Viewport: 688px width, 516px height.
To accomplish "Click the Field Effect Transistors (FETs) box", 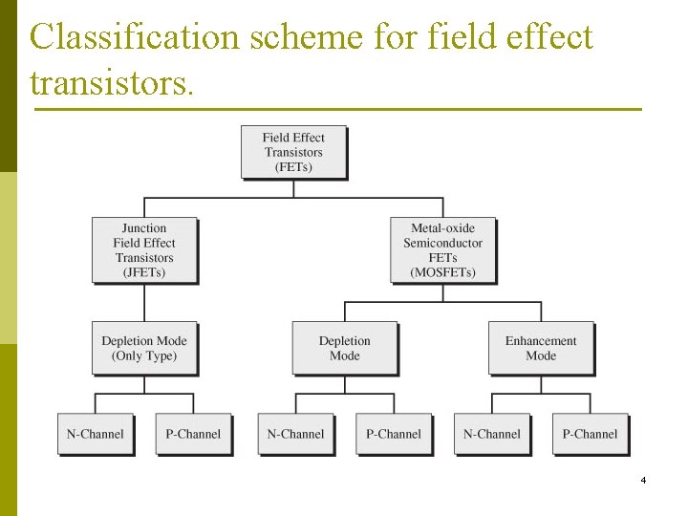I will point(293,152).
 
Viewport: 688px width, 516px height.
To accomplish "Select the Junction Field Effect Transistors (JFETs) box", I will point(144,250).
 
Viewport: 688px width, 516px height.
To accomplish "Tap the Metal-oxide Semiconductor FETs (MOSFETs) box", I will point(442,250).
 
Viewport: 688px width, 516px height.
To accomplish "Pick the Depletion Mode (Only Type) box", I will point(144,348).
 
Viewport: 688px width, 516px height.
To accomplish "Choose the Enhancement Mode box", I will point(541,348).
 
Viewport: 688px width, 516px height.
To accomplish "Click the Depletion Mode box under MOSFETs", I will point(344,348).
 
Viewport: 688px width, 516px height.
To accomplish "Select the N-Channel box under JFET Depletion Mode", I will point(95,434).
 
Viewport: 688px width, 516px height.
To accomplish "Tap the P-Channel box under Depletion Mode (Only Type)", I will point(193,434).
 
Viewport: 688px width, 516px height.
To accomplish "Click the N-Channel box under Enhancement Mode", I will point(492,434).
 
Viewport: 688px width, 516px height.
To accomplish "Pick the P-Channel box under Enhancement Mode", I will point(590,434).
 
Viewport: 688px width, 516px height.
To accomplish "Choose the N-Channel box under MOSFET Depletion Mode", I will point(295,434).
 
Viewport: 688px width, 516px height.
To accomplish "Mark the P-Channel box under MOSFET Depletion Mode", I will point(394,434).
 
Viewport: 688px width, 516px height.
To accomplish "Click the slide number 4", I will point(643,480).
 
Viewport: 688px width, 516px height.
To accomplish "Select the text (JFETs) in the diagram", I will point(144,272).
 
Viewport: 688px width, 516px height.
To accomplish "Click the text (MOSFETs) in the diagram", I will point(442,272).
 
